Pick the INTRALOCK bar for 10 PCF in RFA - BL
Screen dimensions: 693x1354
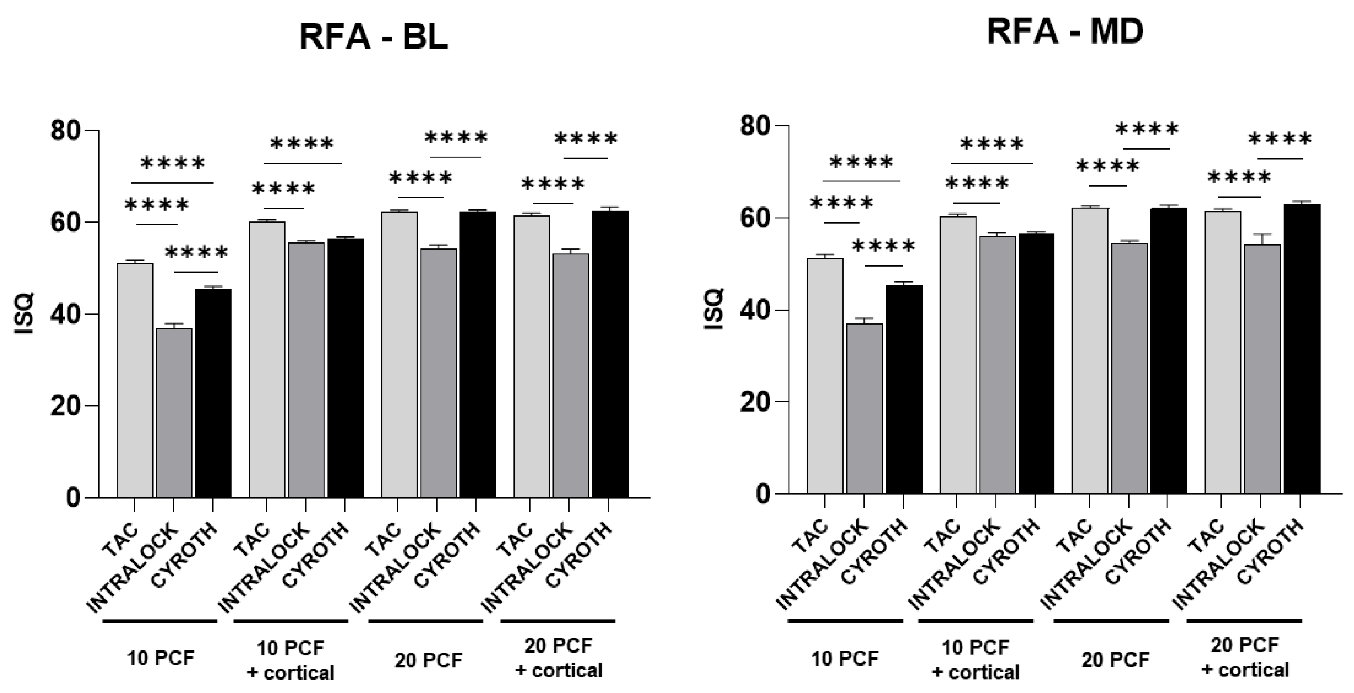click(x=174, y=413)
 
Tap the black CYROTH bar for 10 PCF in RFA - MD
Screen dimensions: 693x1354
click(x=903, y=389)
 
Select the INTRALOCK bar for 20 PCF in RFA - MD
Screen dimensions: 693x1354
click(x=1129, y=368)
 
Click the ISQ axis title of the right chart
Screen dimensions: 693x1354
click(x=714, y=310)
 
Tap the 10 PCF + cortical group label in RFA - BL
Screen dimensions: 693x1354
click(x=290, y=660)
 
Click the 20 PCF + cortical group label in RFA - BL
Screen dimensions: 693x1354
click(x=558, y=658)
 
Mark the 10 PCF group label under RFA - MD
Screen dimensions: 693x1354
click(x=844, y=658)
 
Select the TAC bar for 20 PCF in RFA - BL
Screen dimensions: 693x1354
click(x=399, y=355)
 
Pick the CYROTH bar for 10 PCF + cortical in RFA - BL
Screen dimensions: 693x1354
click(x=345, y=368)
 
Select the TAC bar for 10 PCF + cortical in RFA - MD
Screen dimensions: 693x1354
click(x=958, y=355)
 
